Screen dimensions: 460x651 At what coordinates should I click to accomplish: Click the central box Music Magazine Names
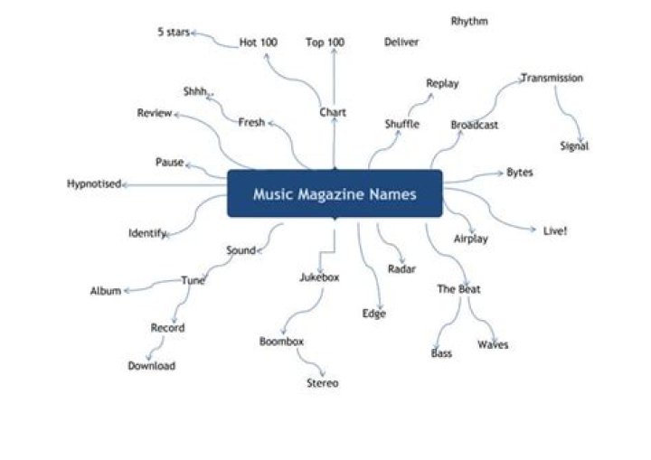click(x=335, y=193)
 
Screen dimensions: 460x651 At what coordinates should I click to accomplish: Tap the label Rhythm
click(x=469, y=21)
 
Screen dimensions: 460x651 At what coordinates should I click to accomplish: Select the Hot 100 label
click(x=259, y=42)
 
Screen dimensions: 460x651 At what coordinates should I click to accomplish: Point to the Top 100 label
click(x=325, y=42)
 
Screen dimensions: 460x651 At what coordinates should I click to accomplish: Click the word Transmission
click(x=552, y=78)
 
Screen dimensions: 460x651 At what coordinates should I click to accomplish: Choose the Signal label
click(x=574, y=146)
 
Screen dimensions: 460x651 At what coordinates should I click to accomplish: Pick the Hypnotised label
click(x=94, y=184)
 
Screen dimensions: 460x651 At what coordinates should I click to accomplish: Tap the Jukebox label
click(x=319, y=277)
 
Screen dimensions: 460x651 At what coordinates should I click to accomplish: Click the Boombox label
click(x=281, y=342)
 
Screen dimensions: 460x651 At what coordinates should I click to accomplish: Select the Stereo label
click(x=322, y=383)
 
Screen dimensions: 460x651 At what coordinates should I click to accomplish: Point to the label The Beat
click(x=458, y=289)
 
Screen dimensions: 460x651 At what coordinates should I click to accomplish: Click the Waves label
click(x=493, y=344)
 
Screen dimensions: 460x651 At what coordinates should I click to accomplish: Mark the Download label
click(x=151, y=366)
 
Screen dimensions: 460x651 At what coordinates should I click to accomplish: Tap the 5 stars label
click(x=174, y=33)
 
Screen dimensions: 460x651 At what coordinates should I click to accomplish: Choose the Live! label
click(x=555, y=230)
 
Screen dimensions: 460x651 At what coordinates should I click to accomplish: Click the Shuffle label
click(x=401, y=124)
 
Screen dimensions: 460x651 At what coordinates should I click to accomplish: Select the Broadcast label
click(x=474, y=125)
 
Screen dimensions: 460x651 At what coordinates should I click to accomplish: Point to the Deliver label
click(x=401, y=42)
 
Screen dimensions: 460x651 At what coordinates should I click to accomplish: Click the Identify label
click(x=146, y=233)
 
